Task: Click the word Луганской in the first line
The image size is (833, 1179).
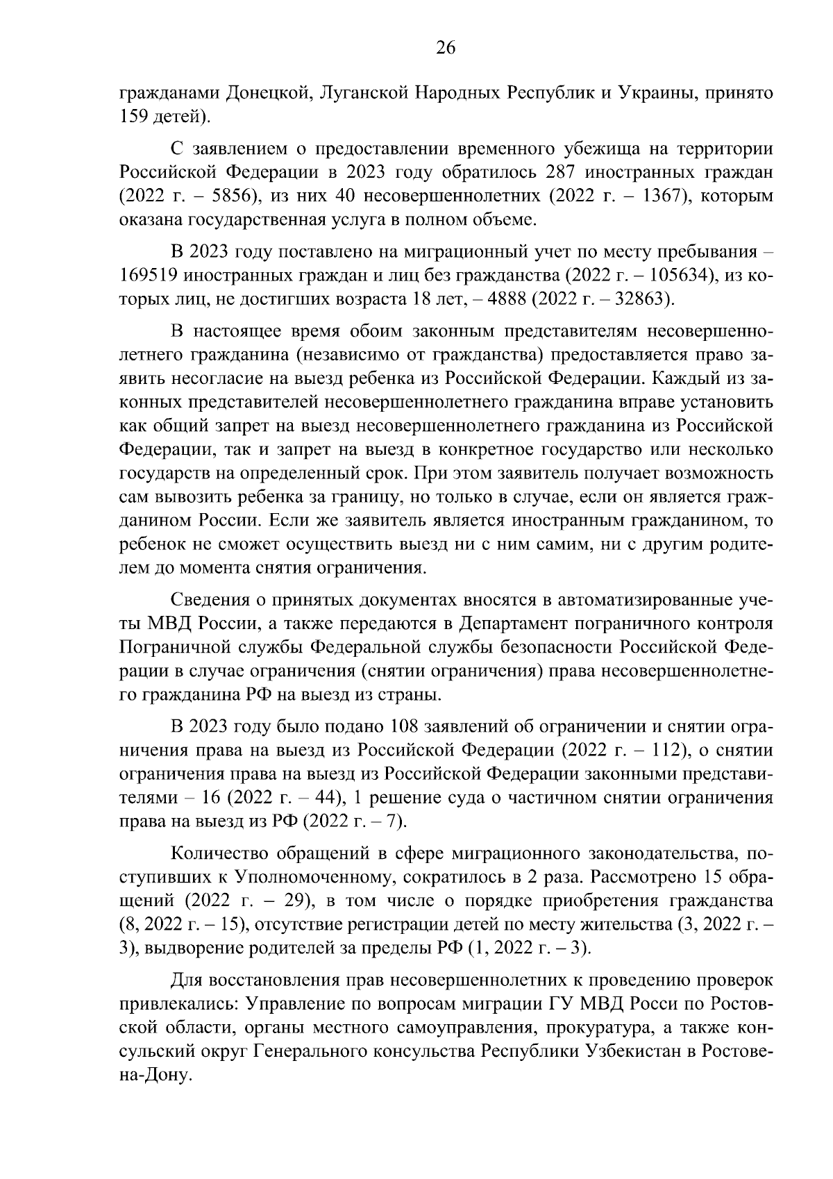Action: (362, 92)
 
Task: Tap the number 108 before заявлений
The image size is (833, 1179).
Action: (405, 727)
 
